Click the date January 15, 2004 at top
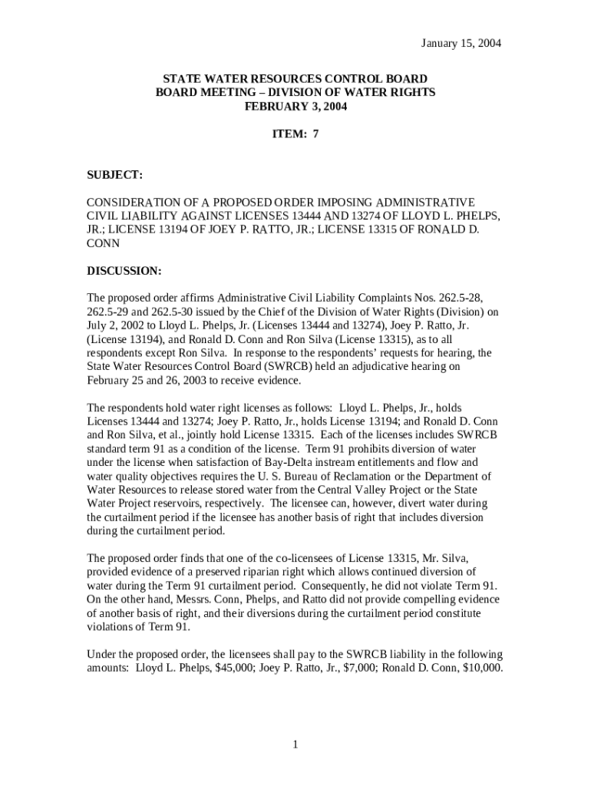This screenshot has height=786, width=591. [x=461, y=43]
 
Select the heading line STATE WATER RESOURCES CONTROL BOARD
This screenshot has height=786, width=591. [x=295, y=79]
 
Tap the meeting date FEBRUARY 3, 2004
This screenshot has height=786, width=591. [x=295, y=107]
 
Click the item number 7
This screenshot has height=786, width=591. [x=315, y=134]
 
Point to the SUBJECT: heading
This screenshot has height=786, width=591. [x=114, y=176]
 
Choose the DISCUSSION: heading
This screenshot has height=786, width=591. [x=124, y=271]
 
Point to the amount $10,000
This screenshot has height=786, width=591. [x=480, y=668]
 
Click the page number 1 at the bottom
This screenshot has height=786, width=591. [x=295, y=745]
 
